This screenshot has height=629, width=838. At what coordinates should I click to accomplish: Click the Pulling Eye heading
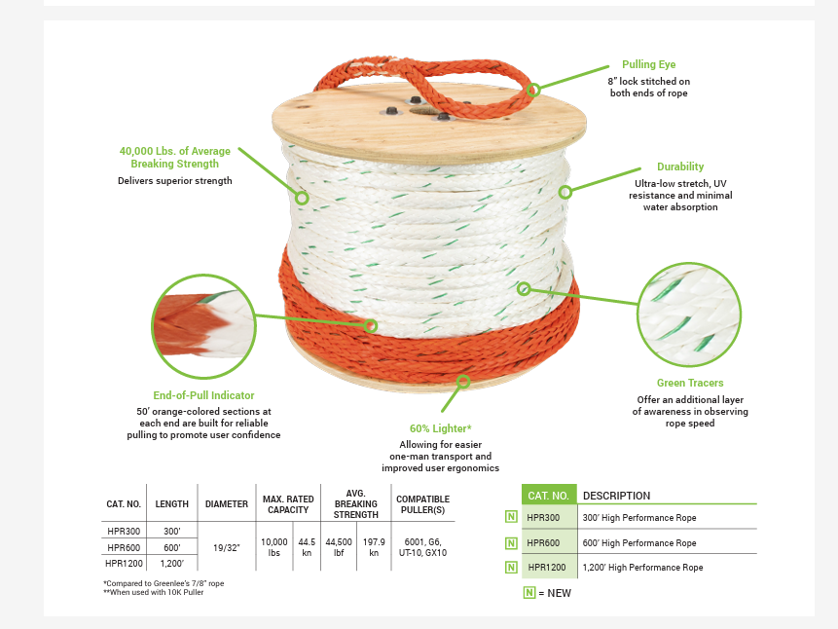click(x=648, y=64)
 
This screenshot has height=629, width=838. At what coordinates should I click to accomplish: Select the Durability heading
click(x=679, y=166)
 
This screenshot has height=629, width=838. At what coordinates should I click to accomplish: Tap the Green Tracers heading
click(x=690, y=383)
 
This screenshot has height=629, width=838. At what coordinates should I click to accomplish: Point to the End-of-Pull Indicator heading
click(x=203, y=395)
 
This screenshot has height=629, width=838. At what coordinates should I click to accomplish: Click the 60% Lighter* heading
click(x=440, y=428)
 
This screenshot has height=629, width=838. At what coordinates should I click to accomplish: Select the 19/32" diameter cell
click(x=226, y=547)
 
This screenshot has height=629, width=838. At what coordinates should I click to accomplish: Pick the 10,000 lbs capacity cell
click(x=273, y=546)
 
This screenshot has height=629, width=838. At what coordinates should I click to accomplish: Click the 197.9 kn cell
click(x=373, y=546)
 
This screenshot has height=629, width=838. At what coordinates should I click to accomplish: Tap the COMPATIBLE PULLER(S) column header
click(x=422, y=504)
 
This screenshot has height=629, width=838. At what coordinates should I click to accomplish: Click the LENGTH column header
click(x=171, y=504)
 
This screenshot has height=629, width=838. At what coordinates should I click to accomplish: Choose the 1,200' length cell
click(x=171, y=563)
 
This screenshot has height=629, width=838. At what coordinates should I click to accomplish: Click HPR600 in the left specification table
click(x=124, y=547)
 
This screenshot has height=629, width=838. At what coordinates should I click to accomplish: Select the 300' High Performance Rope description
click(x=638, y=518)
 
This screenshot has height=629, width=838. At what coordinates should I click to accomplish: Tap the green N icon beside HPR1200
click(x=511, y=567)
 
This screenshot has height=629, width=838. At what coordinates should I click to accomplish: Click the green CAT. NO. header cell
click(x=548, y=495)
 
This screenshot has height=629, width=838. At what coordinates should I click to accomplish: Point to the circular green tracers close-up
click(x=688, y=314)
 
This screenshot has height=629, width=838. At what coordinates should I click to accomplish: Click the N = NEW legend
click(x=547, y=592)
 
